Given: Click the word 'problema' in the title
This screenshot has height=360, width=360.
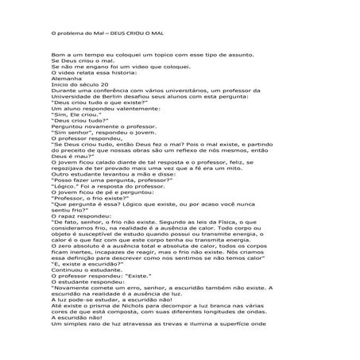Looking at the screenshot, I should (71, 34).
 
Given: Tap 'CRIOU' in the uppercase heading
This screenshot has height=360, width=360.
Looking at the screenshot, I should (141, 34).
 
